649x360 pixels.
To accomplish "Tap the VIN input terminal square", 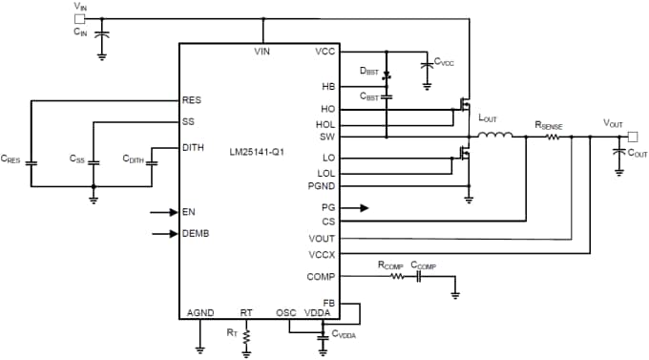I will click(79, 17).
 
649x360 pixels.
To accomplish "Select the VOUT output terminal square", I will click(632, 135).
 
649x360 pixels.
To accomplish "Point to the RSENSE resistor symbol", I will click(553, 136).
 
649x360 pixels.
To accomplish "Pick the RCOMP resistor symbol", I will click(391, 276).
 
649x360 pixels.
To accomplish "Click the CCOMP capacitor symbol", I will click(418, 276).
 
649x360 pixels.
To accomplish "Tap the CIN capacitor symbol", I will click(102, 35).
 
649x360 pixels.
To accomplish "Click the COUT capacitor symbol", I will click(618, 152).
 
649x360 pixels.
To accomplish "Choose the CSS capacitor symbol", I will click(94, 162).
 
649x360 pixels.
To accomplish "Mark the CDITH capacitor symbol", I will click(152, 162).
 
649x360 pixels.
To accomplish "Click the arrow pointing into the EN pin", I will click(163, 212).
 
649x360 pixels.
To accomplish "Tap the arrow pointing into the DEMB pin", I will click(163, 233).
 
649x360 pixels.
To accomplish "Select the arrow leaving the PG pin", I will click(354, 207).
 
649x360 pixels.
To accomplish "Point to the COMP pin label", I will click(322, 276).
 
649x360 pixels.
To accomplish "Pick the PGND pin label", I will click(321, 184).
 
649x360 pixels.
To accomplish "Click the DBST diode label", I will click(368, 71).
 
